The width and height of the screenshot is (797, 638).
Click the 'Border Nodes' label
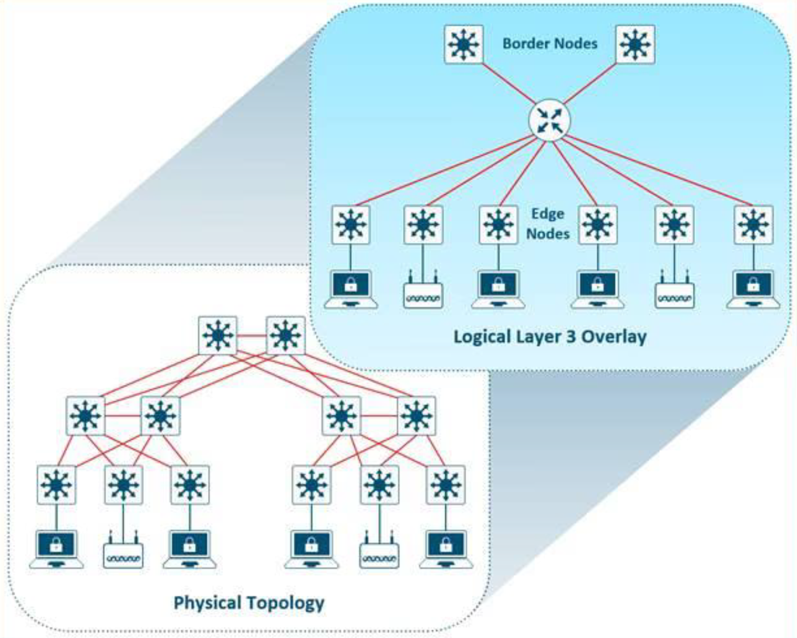[549, 44]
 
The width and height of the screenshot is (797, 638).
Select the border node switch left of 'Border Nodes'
[464, 44]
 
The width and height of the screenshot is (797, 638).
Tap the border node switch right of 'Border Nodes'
[635, 44]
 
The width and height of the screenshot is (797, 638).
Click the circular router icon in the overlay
[549, 120]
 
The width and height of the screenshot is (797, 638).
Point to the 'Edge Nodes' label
[548, 224]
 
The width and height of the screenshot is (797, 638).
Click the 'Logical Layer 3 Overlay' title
[549, 337]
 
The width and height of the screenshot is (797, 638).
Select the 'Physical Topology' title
[248, 603]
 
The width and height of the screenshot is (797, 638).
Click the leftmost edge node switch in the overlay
[351, 225]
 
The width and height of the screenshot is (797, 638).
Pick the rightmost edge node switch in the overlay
[753, 225]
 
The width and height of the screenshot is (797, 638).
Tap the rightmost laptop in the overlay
[753, 289]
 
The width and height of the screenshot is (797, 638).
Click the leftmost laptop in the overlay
[351, 289]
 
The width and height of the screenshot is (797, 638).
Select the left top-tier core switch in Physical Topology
[217, 336]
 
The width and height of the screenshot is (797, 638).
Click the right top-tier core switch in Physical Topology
[285, 336]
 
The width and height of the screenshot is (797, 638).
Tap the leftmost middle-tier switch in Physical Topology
[85, 416]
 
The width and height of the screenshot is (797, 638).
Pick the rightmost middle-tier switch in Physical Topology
[417, 416]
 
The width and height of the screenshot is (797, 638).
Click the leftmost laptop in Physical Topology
[57, 549]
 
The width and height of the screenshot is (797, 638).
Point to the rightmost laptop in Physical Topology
[446, 549]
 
